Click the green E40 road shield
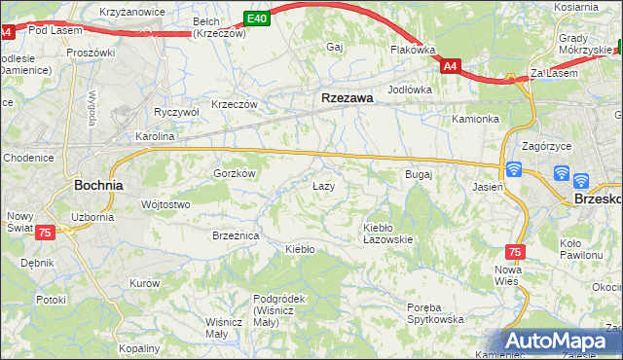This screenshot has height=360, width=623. pyautogui.click(x=256, y=18)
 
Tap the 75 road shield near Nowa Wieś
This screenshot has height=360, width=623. pyautogui.click(x=515, y=251)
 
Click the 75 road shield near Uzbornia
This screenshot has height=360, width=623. pyautogui.click(x=45, y=234)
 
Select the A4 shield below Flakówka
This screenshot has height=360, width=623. pyautogui.click(x=449, y=66)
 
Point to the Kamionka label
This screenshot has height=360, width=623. pyautogui.click(x=475, y=119)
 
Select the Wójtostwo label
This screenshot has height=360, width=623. pyautogui.click(x=165, y=204)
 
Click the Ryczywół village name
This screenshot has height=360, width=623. pyautogui.click(x=176, y=112)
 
